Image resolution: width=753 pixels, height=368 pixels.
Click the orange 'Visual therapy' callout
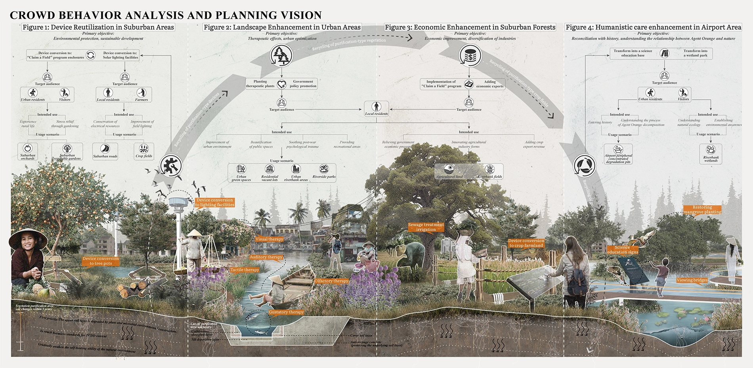coord(269,239)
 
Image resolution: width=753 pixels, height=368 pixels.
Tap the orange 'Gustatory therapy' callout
coord(286,312)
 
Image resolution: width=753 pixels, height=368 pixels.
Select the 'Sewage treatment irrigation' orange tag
coord(426,227)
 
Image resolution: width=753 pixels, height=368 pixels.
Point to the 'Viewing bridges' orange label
coord(692,280)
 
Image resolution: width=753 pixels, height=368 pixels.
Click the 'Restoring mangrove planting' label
coord(702,210)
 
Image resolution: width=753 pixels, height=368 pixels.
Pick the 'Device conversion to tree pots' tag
coord(101,261)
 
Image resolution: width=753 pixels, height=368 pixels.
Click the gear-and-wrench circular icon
coord(171,166)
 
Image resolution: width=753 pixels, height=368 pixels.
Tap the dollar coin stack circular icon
coord(470,55)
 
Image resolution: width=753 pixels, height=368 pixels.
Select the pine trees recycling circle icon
coord(281,55)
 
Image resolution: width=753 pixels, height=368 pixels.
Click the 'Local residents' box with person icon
coord(376,109)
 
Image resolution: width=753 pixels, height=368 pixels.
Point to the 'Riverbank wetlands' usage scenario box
coord(711,154)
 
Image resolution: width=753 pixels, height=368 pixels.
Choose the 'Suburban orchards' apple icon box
coord(28,152)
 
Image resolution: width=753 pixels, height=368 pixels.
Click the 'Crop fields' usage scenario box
coord(144,151)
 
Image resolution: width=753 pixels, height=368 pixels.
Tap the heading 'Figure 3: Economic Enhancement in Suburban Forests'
coord(470,27)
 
